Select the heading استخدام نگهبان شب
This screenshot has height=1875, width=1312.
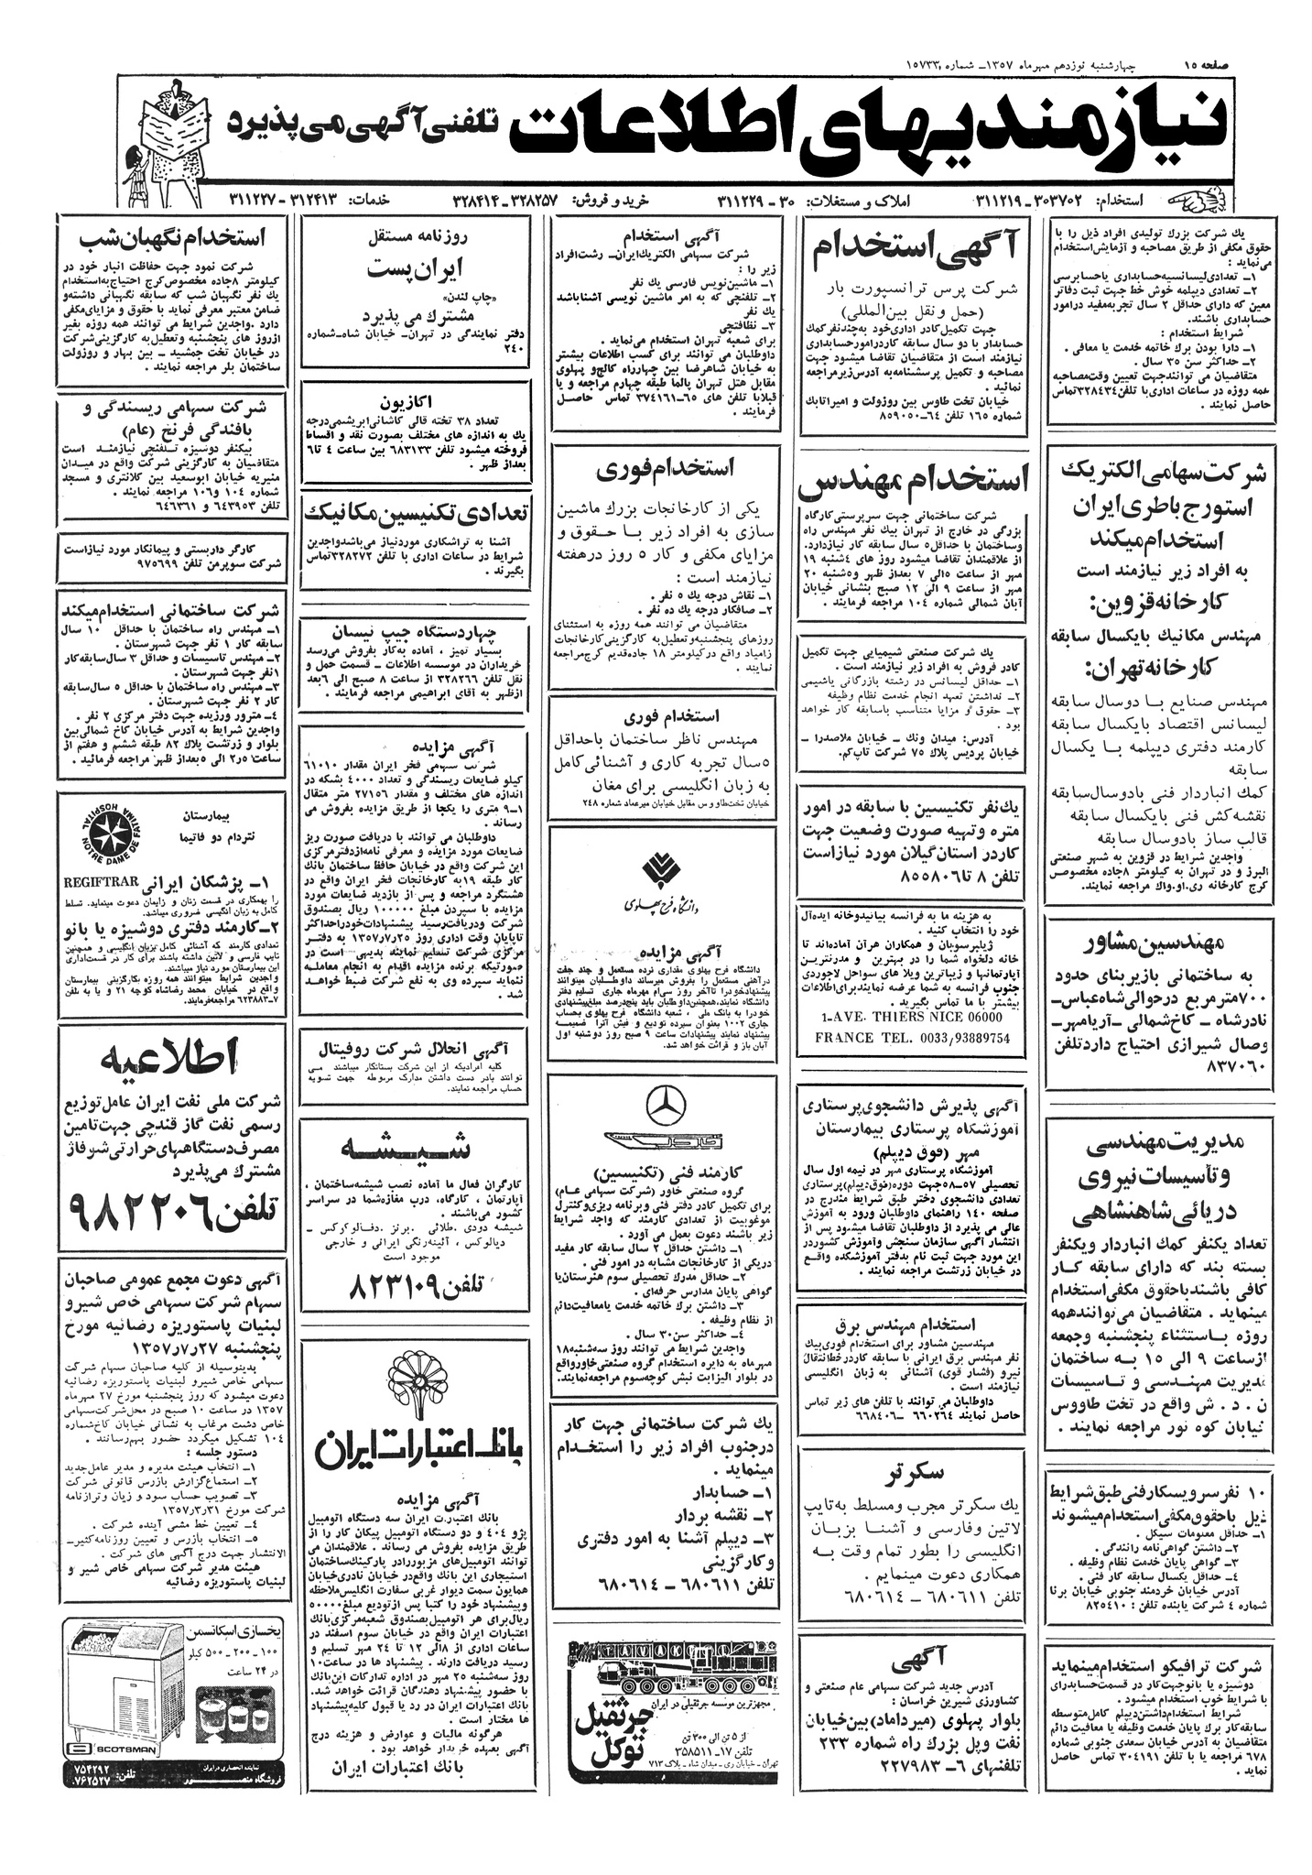coord(173,238)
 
